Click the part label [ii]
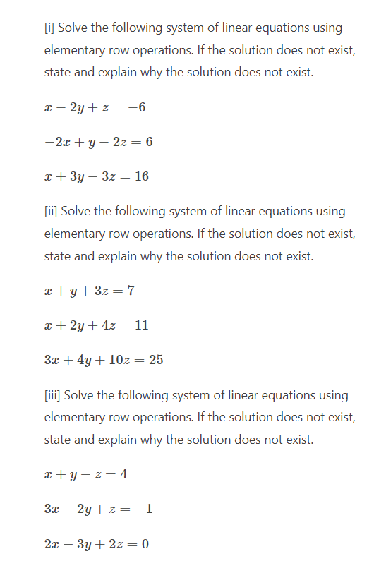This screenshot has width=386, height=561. (50, 212)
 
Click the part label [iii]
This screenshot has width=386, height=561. (52, 395)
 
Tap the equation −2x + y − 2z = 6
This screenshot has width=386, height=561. (98, 142)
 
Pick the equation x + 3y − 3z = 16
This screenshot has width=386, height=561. (96, 176)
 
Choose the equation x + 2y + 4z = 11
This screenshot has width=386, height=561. (96, 325)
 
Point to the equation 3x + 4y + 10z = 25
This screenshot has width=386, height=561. (104, 360)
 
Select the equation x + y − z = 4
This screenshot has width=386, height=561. (85, 474)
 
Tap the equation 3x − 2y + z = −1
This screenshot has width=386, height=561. (98, 509)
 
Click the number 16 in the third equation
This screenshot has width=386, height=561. (141, 176)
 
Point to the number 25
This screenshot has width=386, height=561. (156, 360)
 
